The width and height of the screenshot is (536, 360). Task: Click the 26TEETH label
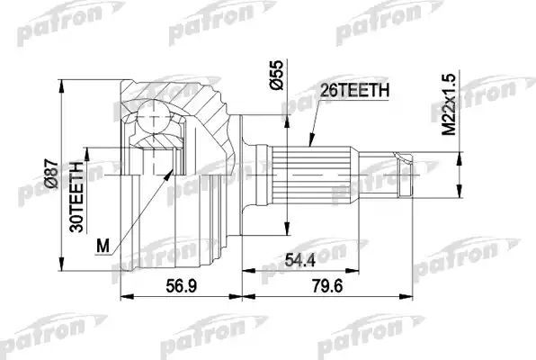click(355, 90)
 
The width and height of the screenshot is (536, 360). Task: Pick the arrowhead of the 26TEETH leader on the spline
click(308, 144)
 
